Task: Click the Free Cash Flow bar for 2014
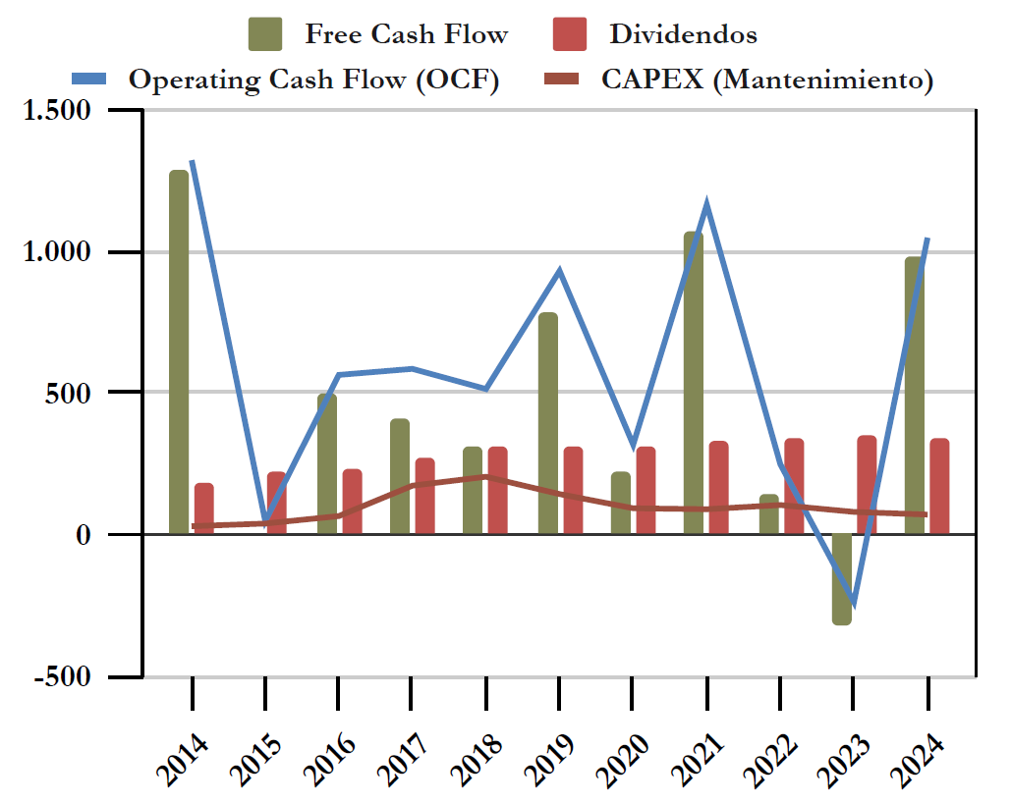coord(178,353)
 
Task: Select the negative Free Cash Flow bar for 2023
coord(841,579)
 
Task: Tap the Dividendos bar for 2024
coord(939,486)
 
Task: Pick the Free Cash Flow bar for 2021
coord(694,383)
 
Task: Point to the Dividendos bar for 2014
coord(203,509)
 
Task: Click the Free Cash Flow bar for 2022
coord(768,514)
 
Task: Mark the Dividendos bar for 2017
coord(424,496)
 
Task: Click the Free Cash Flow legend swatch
coord(265,34)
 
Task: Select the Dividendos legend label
coord(683,34)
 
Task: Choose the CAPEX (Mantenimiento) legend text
coord(766,80)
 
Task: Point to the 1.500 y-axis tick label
coord(56,111)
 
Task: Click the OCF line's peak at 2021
coord(706,204)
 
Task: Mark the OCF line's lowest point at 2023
coord(853,603)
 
